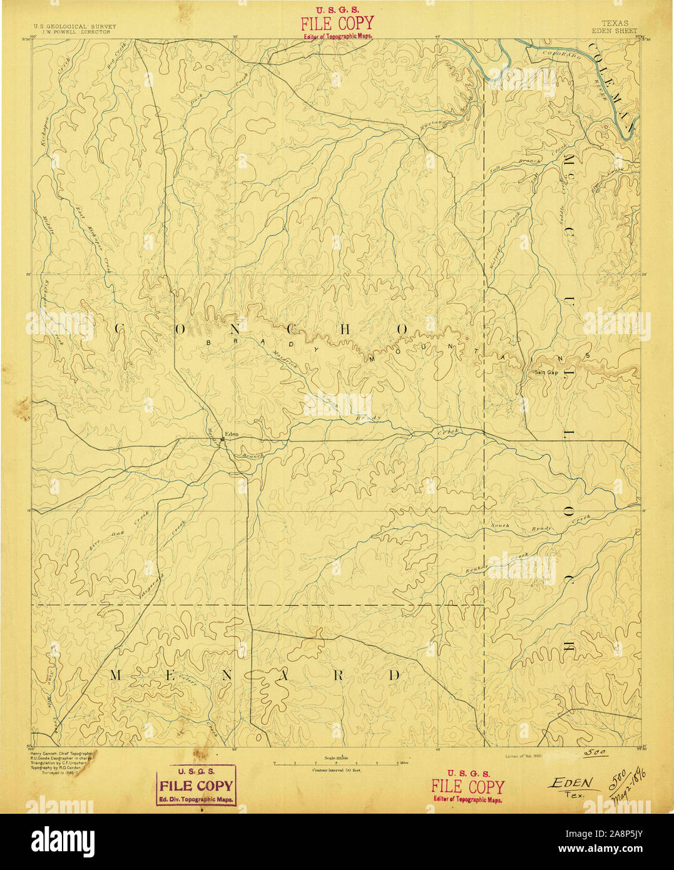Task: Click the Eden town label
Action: click(x=232, y=434)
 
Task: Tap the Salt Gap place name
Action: click(x=545, y=372)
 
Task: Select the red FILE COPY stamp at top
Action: click(x=336, y=24)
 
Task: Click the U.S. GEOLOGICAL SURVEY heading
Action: click(x=74, y=27)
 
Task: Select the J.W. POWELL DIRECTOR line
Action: click(x=74, y=32)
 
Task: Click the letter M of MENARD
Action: click(x=117, y=675)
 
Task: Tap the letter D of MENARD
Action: click(x=394, y=675)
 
